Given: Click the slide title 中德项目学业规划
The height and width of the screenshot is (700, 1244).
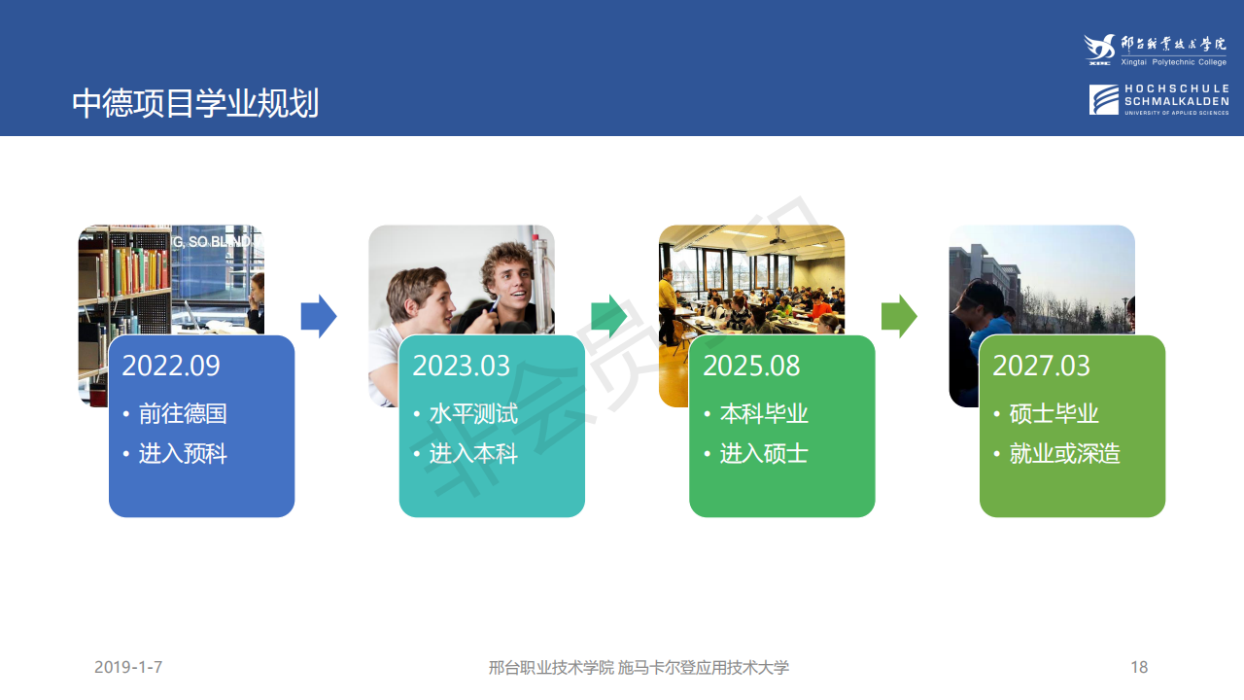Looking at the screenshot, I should click(195, 104).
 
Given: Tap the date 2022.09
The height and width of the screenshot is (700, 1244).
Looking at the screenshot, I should click(171, 366).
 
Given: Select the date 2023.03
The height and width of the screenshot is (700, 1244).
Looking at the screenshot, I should click(461, 366).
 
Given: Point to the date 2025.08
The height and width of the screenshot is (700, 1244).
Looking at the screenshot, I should click(751, 366).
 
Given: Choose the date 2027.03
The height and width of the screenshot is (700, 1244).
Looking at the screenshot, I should click(1041, 366).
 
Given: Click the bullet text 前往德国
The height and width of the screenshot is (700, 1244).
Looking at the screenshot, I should click(183, 414).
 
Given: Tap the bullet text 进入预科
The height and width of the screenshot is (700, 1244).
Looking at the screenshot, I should click(183, 454).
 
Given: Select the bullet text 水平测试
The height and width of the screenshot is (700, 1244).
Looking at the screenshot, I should click(473, 414).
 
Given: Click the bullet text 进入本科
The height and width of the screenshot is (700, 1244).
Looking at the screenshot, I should click(473, 454).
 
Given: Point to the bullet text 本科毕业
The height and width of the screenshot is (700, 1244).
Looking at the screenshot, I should click(764, 414).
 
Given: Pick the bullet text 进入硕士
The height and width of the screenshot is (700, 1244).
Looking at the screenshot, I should click(764, 454).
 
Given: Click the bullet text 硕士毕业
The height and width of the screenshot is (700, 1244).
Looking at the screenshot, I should click(1054, 414).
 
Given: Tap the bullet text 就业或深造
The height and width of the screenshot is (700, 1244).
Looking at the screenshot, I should click(1064, 454).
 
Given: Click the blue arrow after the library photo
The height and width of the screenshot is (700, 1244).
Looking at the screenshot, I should click(318, 316).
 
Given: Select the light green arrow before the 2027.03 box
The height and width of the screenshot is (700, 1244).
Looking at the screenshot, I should click(899, 316).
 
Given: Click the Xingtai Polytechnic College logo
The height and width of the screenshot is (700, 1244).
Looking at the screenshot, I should click(1156, 50).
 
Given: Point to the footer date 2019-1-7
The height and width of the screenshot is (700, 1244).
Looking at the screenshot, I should click(128, 667).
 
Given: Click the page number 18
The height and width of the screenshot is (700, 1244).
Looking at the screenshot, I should click(1139, 667).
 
